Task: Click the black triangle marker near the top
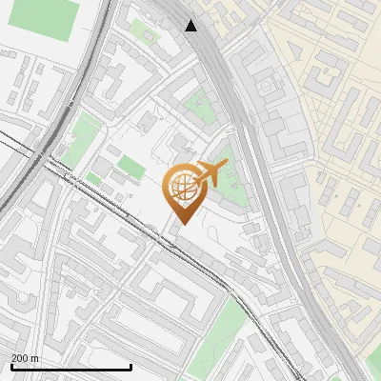[x=191, y=26]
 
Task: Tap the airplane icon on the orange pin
[x=211, y=174]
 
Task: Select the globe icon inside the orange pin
[x=182, y=189]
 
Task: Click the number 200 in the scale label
[x=20, y=358]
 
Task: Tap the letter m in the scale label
[x=35, y=358]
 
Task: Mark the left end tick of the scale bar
[x=11, y=366]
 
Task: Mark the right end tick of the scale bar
[x=130, y=366]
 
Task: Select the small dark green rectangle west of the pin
[x=130, y=170]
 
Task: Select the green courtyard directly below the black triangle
[x=200, y=105]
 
